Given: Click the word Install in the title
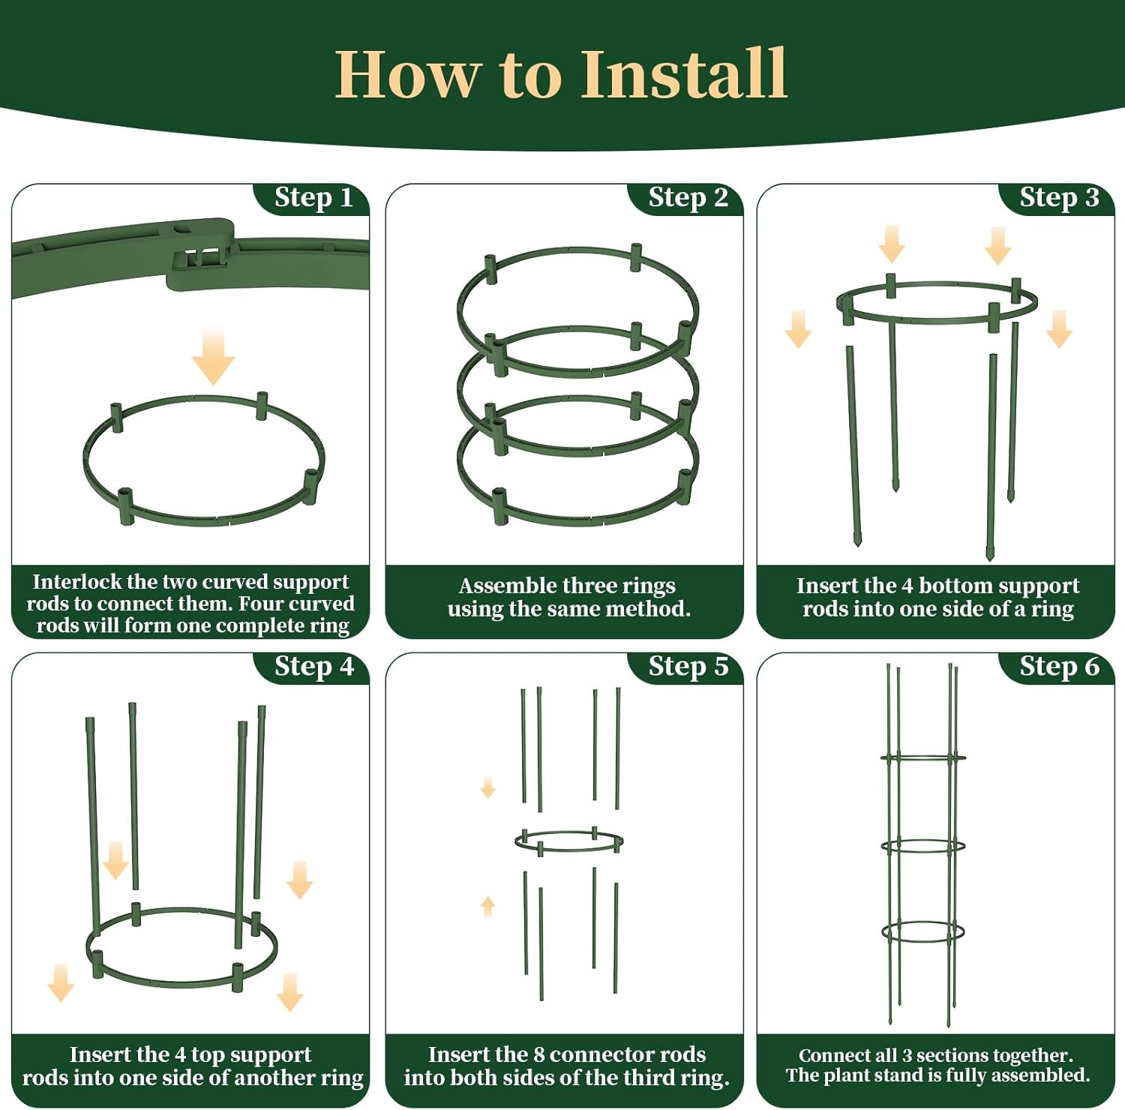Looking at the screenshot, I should pyautogui.click(x=684, y=73).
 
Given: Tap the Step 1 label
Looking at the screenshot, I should pyautogui.click(x=313, y=197).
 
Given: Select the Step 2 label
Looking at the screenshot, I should pyautogui.click(x=688, y=197).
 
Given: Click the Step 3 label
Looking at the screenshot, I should pyautogui.click(x=1059, y=197).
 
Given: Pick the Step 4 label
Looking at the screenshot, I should pyautogui.click(x=313, y=666).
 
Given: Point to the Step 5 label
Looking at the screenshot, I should pyautogui.click(x=688, y=666).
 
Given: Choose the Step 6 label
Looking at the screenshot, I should pyautogui.click(x=1059, y=666).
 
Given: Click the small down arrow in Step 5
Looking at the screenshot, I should pyautogui.click(x=488, y=787).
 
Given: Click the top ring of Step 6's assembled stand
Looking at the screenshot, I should pyautogui.click(x=923, y=758).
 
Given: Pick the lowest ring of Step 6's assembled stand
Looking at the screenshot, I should pyautogui.click(x=923, y=932).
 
